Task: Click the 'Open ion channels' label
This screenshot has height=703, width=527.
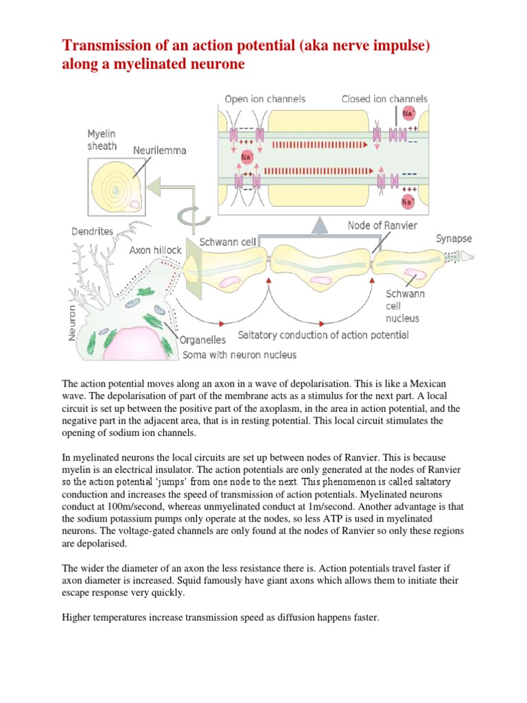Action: [265, 99]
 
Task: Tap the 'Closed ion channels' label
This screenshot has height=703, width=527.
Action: [384, 99]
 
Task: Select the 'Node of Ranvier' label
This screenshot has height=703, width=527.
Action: [382, 225]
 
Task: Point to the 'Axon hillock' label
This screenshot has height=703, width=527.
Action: [156, 251]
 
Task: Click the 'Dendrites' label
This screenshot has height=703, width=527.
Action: [93, 232]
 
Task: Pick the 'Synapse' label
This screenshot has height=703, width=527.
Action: [454, 238]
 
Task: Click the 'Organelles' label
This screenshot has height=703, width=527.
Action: [202, 339]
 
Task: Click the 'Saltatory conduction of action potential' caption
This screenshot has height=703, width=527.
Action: [323, 335]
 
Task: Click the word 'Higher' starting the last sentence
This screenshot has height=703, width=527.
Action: [78, 617]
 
